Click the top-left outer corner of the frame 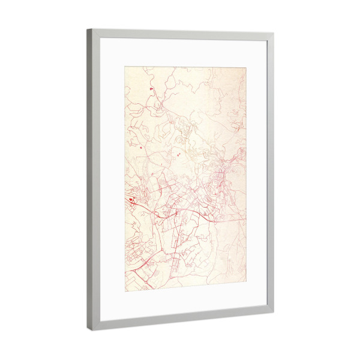87,29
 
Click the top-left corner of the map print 125,67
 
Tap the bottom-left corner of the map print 125,291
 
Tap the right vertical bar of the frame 270,174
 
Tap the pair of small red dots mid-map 179,154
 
